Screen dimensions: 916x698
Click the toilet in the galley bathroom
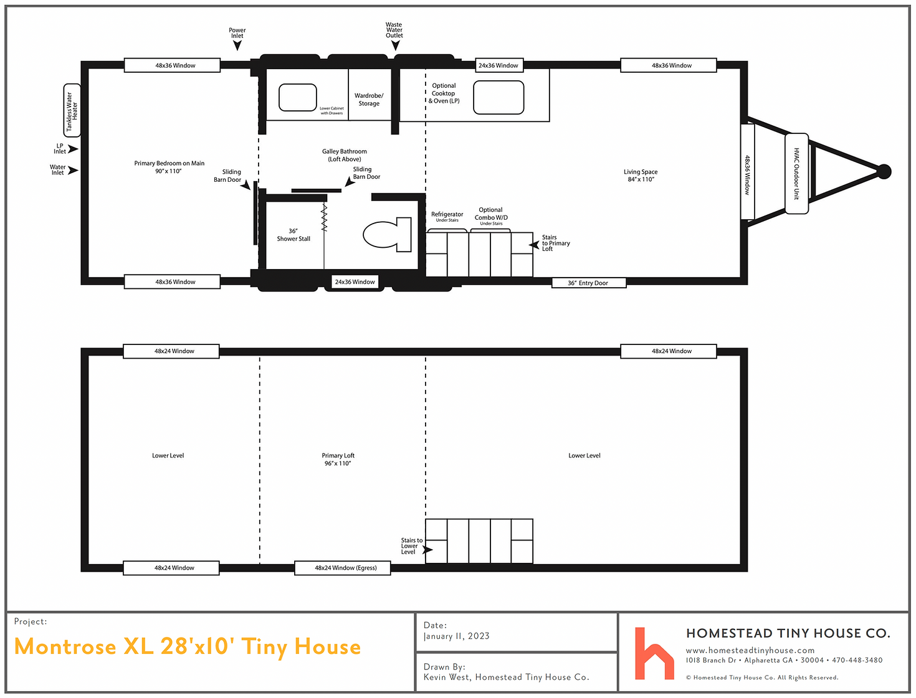[x=387, y=234]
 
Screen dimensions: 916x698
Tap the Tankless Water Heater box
[x=72, y=110]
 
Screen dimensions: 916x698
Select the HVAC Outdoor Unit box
[x=796, y=174]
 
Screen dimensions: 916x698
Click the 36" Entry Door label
[x=588, y=283]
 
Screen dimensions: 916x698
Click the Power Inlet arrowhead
[x=237, y=45]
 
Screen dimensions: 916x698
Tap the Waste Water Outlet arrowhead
[x=395, y=45]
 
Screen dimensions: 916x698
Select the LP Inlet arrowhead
[x=73, y=149]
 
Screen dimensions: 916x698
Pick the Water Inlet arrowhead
[x=73, y=170]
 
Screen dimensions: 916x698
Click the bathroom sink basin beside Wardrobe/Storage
[x=297, y=98]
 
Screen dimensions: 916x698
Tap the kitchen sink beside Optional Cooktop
[x=499, y=98]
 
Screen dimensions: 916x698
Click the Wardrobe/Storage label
[x=369, y=100]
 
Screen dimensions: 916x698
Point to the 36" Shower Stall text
[x=293, y=235]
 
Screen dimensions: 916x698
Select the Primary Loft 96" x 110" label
[x=338, y=460]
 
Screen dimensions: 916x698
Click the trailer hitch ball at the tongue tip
[x=884, y=171]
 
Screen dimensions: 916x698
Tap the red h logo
[x=654, y=653]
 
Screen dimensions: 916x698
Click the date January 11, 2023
[x=457, y=636]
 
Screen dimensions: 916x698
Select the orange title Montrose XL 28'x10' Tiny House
[x=188, y=647]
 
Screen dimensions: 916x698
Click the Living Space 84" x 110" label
[x=641, y=176]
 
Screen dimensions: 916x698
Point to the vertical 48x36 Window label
[x=747, y=175]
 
